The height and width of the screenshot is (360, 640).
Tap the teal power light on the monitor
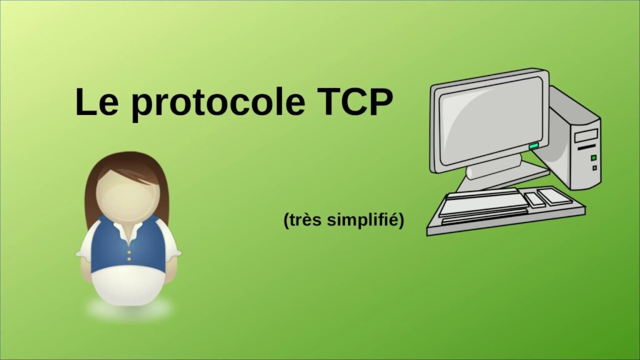[533, 146]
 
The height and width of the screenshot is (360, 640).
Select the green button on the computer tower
[593, 157]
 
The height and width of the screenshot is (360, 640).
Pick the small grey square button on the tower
[594, 167]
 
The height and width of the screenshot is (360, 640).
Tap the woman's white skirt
[129, 287]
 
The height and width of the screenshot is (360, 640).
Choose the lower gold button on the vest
[129, 257]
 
